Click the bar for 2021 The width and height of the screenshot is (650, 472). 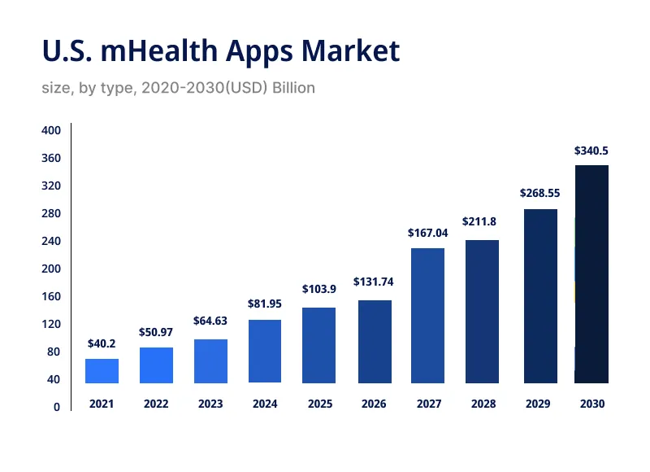102,371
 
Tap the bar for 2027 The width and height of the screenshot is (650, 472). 427,316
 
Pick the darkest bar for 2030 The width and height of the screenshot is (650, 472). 591,274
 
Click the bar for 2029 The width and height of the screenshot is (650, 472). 540,296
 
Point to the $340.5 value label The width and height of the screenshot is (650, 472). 591,151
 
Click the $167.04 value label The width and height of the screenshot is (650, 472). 427,234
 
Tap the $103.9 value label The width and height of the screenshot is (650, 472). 318,289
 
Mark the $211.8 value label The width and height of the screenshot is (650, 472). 482,221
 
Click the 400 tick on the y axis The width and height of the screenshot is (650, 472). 50,131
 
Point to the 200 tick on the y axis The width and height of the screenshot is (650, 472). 50,269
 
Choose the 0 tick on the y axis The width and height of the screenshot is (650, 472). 56,408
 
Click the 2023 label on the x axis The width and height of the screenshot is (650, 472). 210,404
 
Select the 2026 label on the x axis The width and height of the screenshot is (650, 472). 373,404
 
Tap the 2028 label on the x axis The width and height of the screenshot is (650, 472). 482,404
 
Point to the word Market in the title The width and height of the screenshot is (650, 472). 350,51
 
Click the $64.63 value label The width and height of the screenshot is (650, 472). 210,321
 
